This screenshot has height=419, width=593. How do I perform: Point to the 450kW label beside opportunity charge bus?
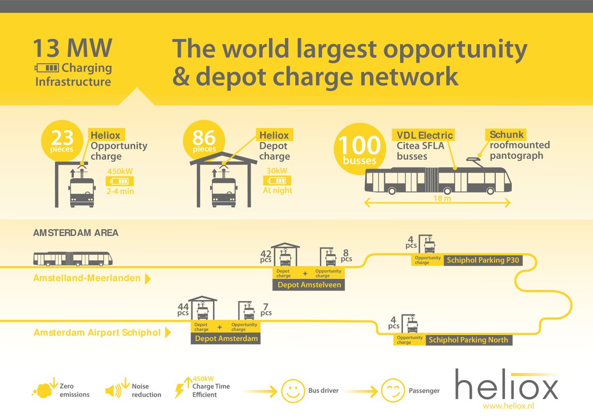pyautogui.click(x=120, y=172)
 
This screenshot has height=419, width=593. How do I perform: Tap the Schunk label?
pyautogui.click(x=507, y=134)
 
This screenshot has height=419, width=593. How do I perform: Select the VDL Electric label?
pyautogui.click(x=424, y=135)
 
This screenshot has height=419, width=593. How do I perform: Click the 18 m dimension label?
pyautogui.click(x=438, y=198)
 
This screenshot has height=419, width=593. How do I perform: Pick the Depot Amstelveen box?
pyautogui.click(x=309, y=285)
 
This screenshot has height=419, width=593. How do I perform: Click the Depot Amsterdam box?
pyautogui.click(x=226, y=339)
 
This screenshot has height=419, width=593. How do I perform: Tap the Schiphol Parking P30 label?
pyautogui.click(x=483, y=260)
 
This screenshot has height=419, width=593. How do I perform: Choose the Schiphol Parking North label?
pyautogui.click(x=467, y=340)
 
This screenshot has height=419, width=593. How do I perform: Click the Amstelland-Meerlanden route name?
pyautogui.click(x=86, y=278)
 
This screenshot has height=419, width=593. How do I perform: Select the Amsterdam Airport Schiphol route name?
pyautogui.click(x=97, y=333)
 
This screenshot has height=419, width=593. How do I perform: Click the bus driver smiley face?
pyautogui.click(x=292, y=391)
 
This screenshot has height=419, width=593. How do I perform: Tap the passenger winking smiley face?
pyautogui.click(x=393, y=390)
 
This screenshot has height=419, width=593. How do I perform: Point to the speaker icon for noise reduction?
pyautogui.click(x=113, y=391)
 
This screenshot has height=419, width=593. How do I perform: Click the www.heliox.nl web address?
pyautogui.click(x=509, y=406)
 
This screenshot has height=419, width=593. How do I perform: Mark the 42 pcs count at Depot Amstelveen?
pyautogui.click(x=266, y=257)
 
